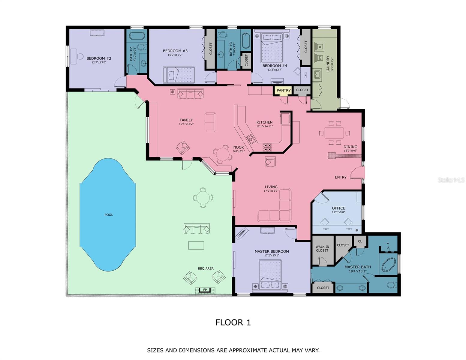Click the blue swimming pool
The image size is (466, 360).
(108, 214)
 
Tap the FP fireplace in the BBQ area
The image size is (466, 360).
(205, 290)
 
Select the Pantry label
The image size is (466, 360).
(284, 90)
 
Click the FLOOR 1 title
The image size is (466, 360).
(233, 322)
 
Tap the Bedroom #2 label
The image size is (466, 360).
(99, 58)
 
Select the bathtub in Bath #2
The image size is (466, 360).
(137, 35)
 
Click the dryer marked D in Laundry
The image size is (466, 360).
(320, 47)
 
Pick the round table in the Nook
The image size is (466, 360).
(223, 154)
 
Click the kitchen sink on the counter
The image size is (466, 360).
(250, 139)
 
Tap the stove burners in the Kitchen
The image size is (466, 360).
(267, 147)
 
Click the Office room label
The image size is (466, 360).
(338, 208)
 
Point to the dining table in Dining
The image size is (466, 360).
(334, 132)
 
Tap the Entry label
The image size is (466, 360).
(341, 177)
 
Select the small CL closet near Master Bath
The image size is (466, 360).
(360, 241)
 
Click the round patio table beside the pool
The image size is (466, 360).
(203, 198)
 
